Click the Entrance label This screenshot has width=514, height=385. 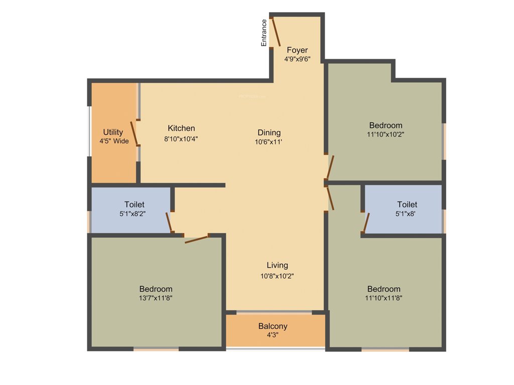[x=264, y=33]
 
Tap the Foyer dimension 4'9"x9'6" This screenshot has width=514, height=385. [x=297, y=59]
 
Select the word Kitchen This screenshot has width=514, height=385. [x=181, y=128]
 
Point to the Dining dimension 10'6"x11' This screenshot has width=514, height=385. [x=269, y=142]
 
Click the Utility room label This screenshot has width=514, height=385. [x=113, y=132]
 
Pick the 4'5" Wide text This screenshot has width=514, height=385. [x=114, y=141]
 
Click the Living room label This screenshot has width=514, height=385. [x=277, y=265]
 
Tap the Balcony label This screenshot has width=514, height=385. [x=273, y=326]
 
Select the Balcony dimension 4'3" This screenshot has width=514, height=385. [x=273, y=335]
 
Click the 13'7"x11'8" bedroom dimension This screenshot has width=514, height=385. [x=156, y=298]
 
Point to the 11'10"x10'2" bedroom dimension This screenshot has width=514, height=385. [x=385, y=134]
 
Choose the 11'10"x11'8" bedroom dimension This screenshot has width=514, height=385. [x=383, y=298]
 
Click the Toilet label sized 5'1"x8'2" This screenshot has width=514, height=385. [x=134, y=205]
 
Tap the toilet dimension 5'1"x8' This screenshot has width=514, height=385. [x=407, y=214]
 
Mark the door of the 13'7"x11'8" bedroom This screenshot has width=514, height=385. [x=197, y=239]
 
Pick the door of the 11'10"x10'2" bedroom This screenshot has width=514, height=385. [x=330, y=167]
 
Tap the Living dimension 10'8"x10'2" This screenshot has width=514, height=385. [x=277, y=276]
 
